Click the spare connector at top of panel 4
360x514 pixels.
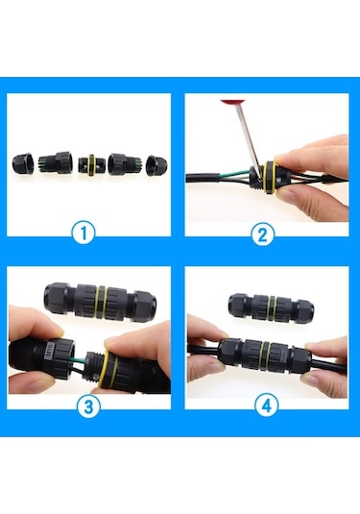click(267, 307)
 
